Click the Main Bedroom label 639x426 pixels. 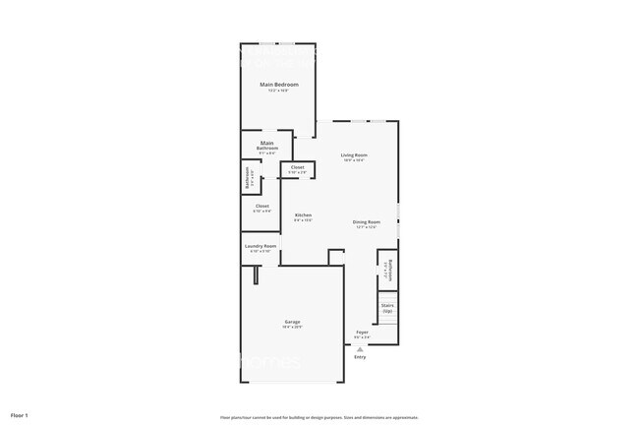(279, 85)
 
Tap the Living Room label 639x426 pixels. (354, 155)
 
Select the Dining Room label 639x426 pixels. (366, 221)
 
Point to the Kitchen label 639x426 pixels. (304, 214)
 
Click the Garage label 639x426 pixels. (293, 322)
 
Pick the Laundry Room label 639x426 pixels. (261, 246)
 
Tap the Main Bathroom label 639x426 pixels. (267, 146)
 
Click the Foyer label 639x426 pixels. (363, 333)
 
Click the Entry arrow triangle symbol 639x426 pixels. (360, 349)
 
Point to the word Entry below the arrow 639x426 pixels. (360, 357)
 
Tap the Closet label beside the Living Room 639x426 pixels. (297, 167)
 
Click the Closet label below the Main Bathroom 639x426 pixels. (261, 206)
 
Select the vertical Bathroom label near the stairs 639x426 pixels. (390, 270)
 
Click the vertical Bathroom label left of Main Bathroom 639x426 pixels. (248, 179)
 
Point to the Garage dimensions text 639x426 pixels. (293, 328)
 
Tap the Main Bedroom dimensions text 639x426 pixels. (279, 91)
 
